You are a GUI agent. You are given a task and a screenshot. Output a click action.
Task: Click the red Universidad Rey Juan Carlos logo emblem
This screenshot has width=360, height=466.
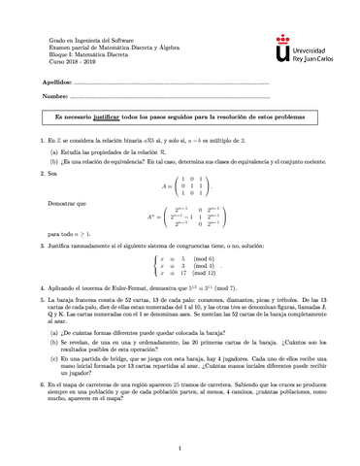(281, 44)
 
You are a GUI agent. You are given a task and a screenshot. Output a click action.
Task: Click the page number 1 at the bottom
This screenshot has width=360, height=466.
(180, 449)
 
